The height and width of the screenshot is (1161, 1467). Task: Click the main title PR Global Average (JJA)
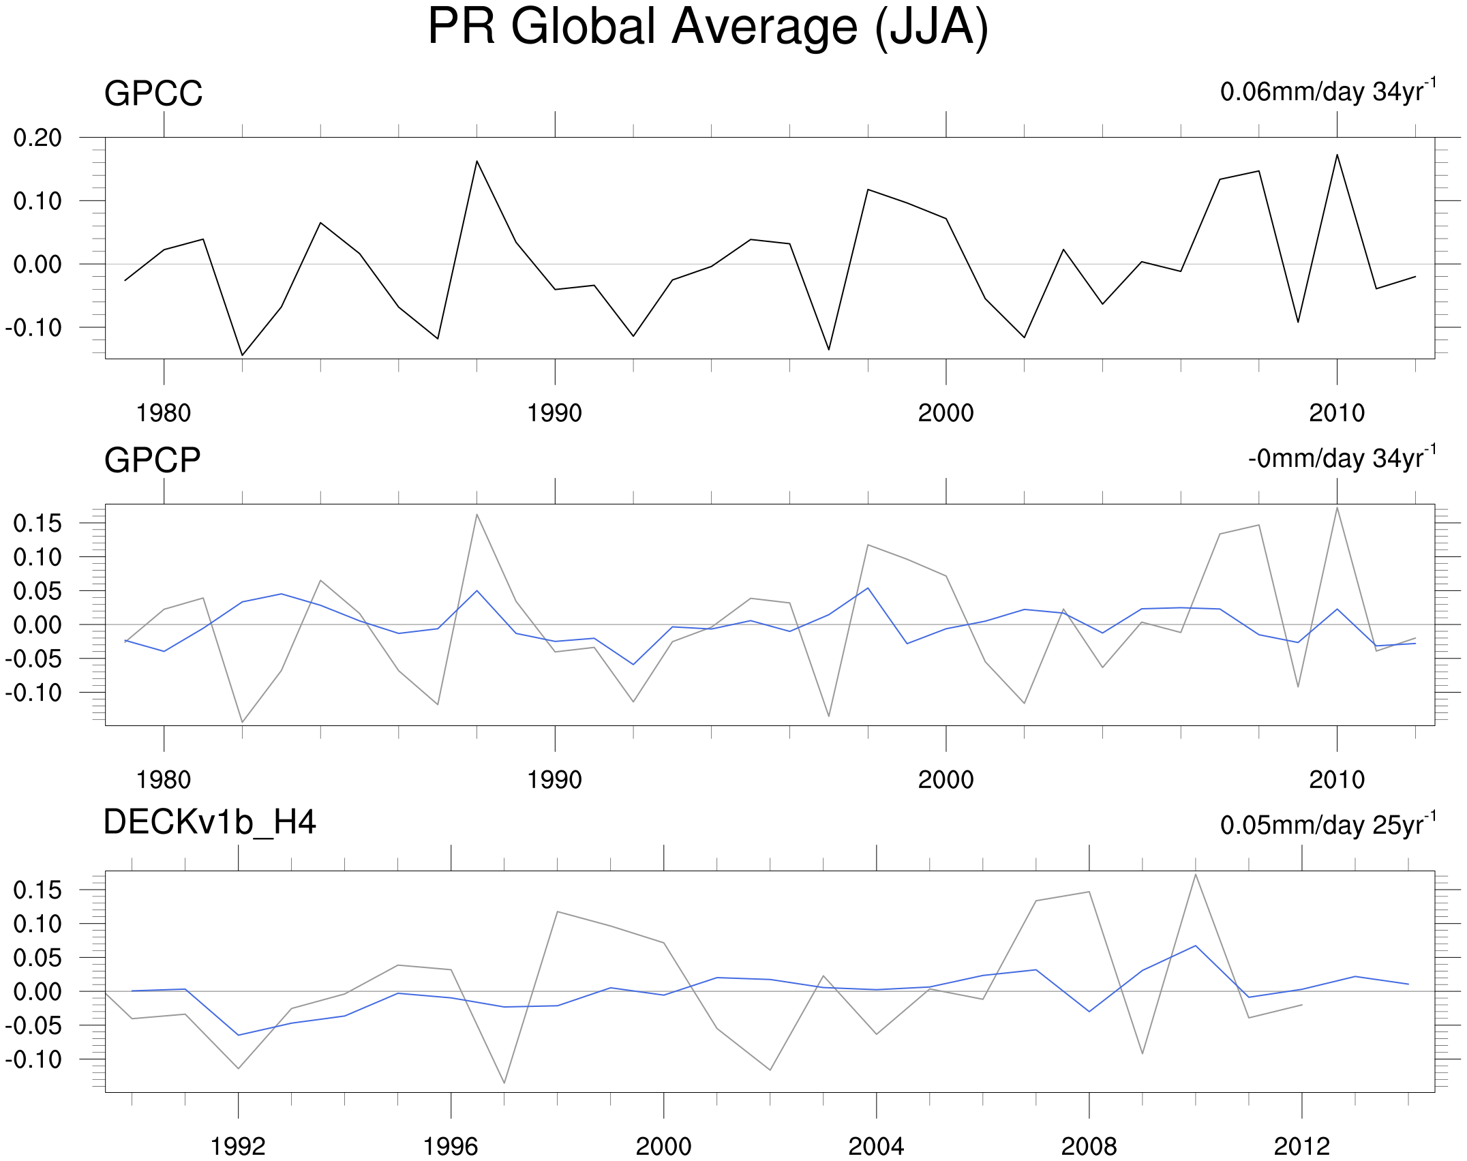[x=708, y=27]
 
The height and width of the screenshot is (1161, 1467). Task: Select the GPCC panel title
[x=153, y=93]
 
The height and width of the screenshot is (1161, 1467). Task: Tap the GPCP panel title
[x=152, y=460]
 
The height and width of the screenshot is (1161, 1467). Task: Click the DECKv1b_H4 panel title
[x=209, y=822]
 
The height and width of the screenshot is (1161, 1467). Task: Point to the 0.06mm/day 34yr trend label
[x=1328, y=91]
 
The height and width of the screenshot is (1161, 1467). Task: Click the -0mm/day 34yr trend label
[x=1342, y=458]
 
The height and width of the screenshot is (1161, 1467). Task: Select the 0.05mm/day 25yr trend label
[x=1328, y=825]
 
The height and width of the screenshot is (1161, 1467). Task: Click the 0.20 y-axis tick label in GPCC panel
[x=37, y=138]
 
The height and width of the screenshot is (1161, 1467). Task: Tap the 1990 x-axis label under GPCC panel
[x=554, y=413]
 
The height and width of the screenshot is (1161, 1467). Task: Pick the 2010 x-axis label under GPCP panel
[x=1337, y=780]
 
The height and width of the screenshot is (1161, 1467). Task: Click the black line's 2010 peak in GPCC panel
[x=1337, y=155]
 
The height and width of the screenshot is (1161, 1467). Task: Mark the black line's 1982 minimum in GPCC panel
[x=242, y=355]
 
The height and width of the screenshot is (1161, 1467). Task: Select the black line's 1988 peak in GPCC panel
[x=477, y=161]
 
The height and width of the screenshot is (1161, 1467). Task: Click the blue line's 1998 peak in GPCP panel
[x=868, y=588]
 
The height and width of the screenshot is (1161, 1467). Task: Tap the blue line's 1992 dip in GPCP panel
[x=633, y=665]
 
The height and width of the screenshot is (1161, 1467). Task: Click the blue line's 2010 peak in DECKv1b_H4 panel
[x=1195, y=946]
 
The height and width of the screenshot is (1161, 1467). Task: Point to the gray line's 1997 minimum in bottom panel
[x=504, y=1083]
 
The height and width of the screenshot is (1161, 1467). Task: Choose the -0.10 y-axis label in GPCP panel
[x=33, y=693]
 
